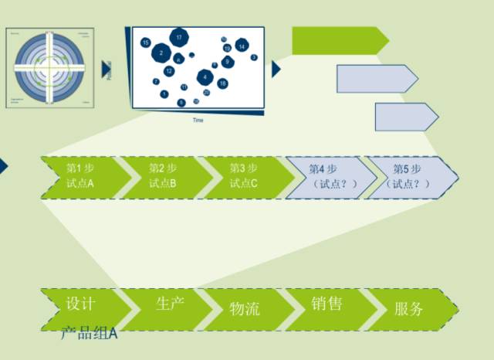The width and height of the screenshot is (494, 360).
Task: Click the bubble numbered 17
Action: pyautogui.click(x=179, y=37)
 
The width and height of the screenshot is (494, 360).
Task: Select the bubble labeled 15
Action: pyautogui.click(x=146, y=43)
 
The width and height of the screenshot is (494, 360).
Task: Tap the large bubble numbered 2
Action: pyautogui.click(x=161, y=53)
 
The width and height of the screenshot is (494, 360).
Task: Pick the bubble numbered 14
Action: pyautogui.click(x=242, y=46)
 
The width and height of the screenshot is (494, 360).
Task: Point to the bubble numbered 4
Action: pyautogui.click(x=205, y=77)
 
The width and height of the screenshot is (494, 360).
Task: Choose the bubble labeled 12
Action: pyautogui.click(x=169, y=71)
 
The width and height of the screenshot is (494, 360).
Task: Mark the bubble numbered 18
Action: pyautogui.click(x=222, y=83)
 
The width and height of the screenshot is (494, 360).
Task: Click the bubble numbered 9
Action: pyautogui.click(x=227, y=62)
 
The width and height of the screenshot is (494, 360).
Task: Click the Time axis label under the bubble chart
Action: pyautogui.click(x=198, y=120)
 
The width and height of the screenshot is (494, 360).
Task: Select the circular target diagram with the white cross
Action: pyautogui.click(x=49, y=69)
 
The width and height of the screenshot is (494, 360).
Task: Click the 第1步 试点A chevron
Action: pyautogui.click(x=80, y=176)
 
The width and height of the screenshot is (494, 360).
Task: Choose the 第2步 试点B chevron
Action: pyautogui.click(x=163, y=176)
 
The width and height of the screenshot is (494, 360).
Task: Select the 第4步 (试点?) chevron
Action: pyautogui.click(x=326, y=176)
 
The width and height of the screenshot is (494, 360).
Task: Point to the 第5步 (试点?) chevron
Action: pyautogui.click(x=408, y=176)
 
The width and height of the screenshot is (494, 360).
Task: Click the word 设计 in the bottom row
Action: pyautogui.click(x=80, y=303)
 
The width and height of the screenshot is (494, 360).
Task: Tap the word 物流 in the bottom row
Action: pyautogui.click(x=245, y=309)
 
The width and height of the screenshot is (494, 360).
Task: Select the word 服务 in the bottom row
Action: pyautogui.click(x=408, y=309)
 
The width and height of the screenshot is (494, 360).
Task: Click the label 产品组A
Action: pyautogui.click(x=90, y=334)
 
